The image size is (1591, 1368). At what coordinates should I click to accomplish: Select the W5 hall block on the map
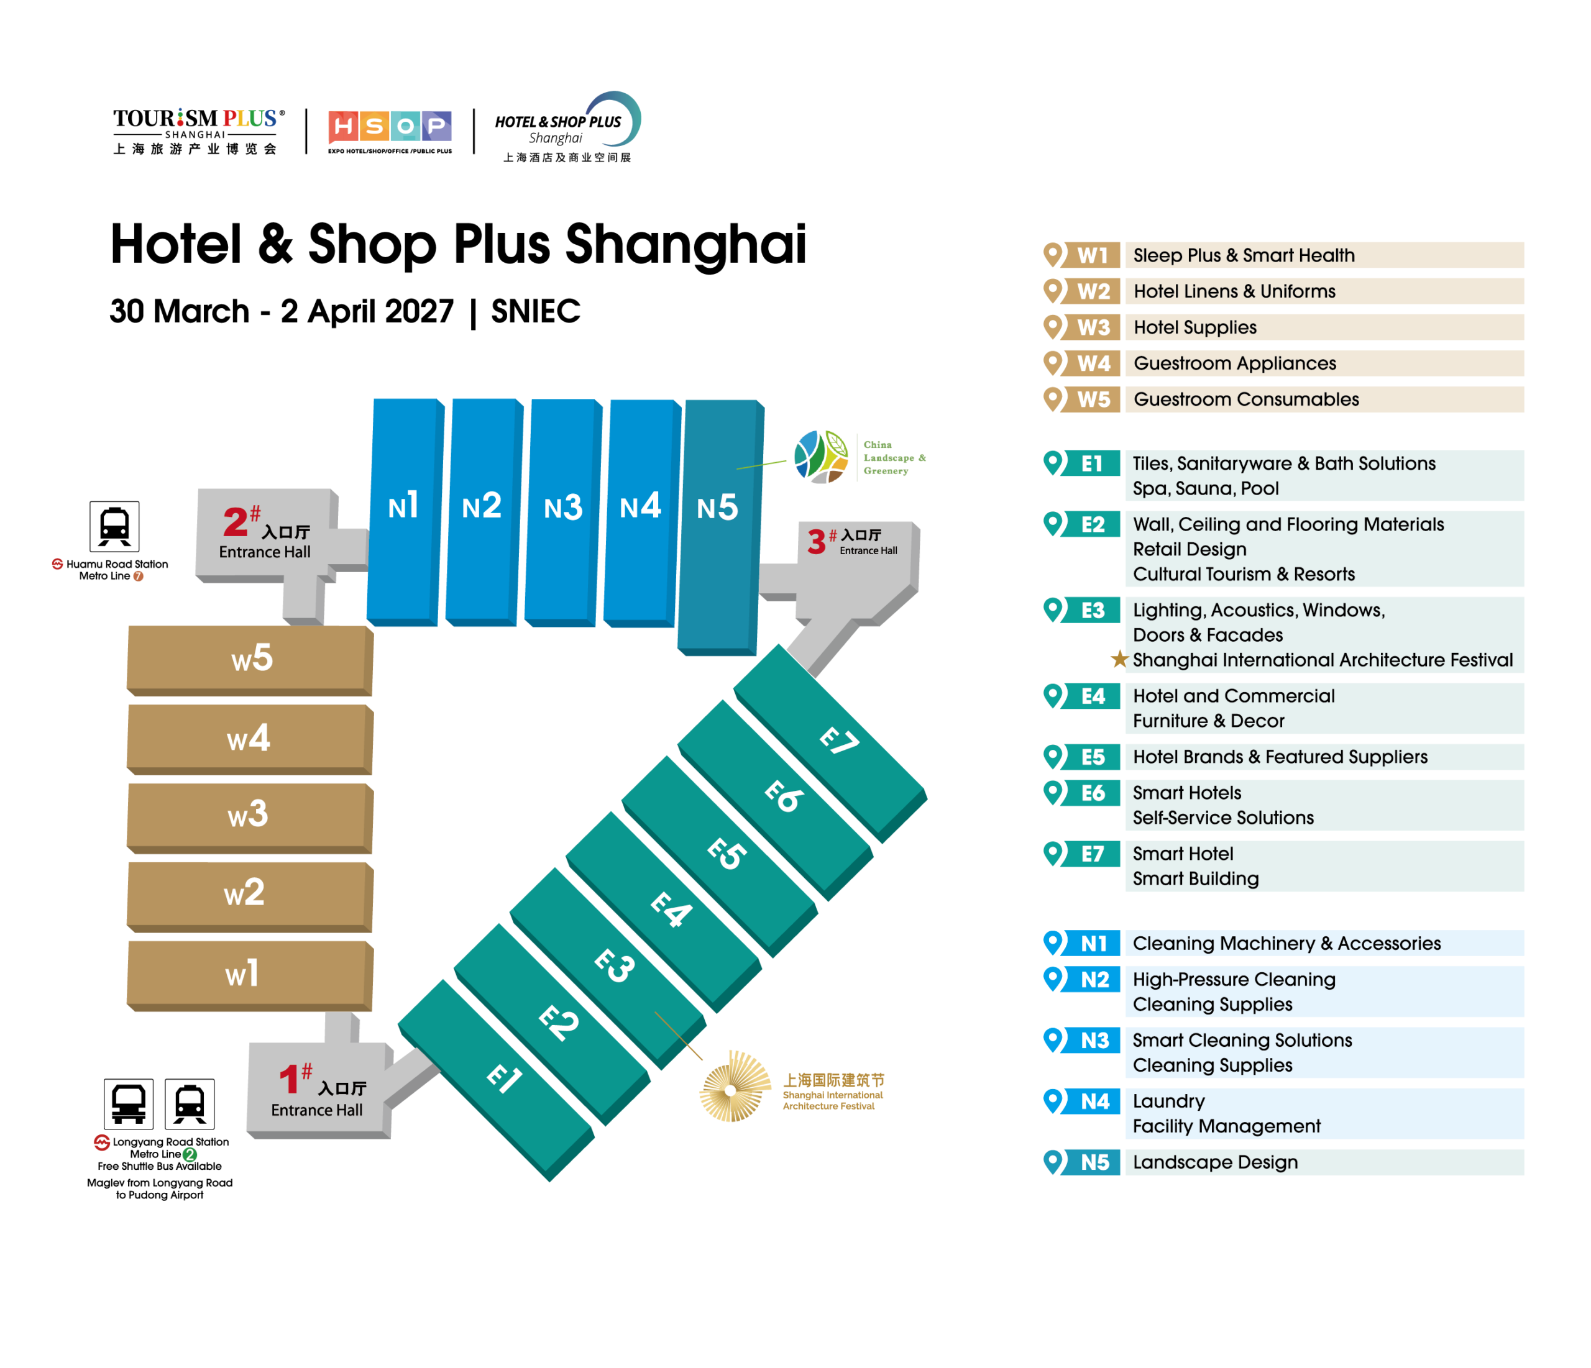[250, 660]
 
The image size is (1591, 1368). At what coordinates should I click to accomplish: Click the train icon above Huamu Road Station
[114, 527]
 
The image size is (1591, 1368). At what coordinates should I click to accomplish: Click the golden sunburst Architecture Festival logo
[735, 1087]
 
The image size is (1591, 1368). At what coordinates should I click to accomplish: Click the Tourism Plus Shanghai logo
[198, 131]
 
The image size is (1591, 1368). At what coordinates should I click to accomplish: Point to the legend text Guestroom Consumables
[1246, 399]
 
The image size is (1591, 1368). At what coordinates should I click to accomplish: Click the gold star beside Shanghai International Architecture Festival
[1119, 659]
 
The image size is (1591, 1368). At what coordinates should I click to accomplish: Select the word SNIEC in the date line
[535, 312]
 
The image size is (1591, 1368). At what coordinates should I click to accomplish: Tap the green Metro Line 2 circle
[190, 1154]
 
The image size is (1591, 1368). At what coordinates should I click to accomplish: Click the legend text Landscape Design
[1216, 1162]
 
